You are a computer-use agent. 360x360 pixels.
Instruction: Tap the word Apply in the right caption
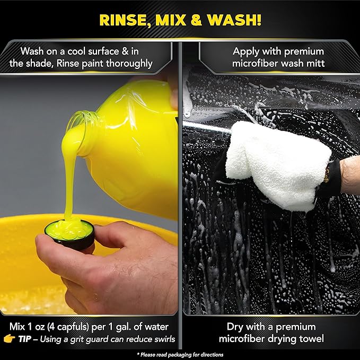pos(247,51)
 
